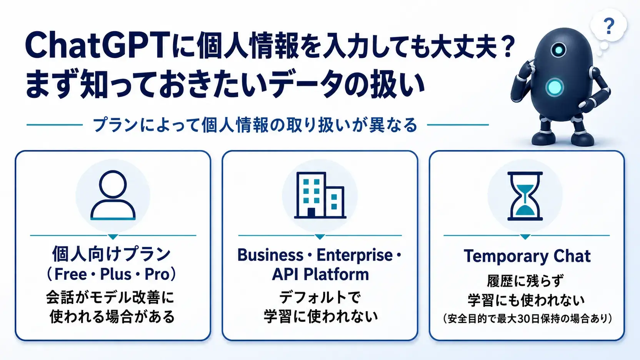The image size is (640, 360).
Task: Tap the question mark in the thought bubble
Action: coord(609,26)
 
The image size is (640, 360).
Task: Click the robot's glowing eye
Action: coord(559,50)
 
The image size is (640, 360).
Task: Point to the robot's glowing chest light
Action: coord(554,87)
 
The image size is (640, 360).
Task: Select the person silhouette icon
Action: coord(113,195)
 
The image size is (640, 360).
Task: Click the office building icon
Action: coord(320,195)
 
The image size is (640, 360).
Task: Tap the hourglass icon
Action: coord(525,196)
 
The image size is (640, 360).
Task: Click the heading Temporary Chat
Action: coord(527,256)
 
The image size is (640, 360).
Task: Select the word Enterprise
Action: coord(355,255)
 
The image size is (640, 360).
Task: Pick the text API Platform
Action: coord(320,274)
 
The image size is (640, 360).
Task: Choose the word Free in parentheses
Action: coord(70,274)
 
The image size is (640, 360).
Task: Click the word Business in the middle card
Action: coord(270,255)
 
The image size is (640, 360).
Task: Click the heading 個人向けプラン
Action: coord(112,254)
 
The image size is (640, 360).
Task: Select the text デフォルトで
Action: coord(320,298)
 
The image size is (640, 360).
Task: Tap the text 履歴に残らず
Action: coord(525,281)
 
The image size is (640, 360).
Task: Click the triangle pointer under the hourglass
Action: coord(525,237)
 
